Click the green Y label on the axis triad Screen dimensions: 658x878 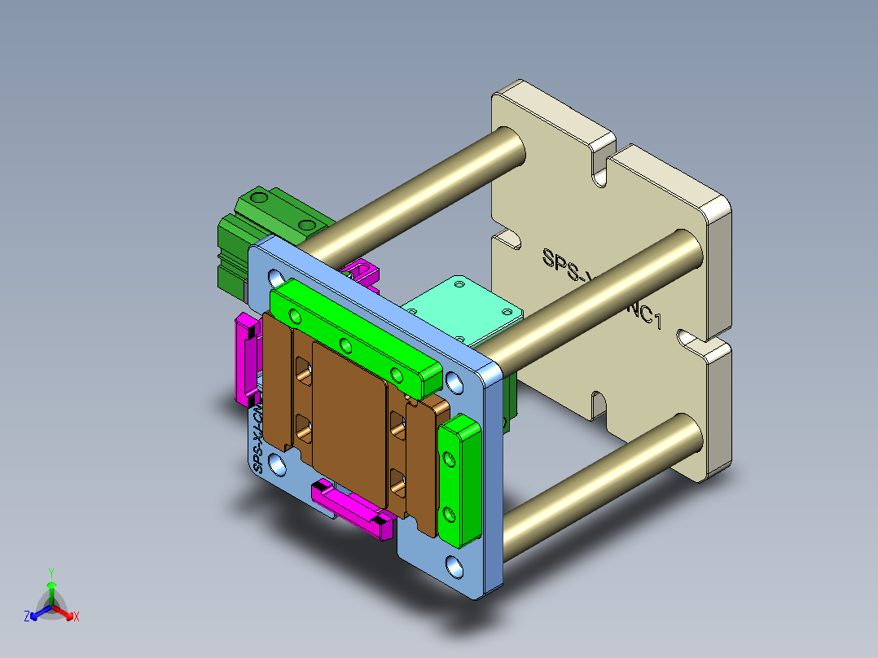[50, 572]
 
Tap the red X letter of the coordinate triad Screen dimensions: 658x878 [77, 617]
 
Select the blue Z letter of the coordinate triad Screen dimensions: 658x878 [27, 617]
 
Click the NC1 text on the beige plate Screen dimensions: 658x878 [644, 314]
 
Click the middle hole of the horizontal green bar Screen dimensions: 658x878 [345, 343]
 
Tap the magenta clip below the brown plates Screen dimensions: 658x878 [350, 509]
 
